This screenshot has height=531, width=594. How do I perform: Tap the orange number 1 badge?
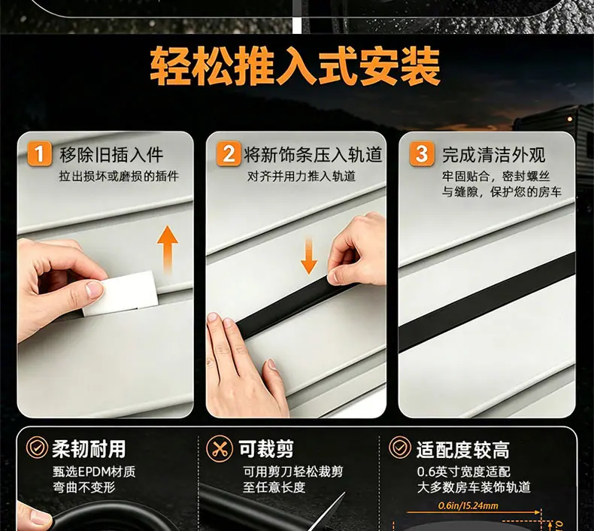(39, 153)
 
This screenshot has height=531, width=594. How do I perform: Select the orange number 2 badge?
(229, 153)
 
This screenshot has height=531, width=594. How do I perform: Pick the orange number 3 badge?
(422, 153)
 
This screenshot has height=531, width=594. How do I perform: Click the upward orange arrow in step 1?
(167, 249)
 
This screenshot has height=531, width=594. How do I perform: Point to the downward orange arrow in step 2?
(309, 256)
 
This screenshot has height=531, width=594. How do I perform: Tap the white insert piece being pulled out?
(120, 293)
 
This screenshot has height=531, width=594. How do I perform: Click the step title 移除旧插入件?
(111, 155)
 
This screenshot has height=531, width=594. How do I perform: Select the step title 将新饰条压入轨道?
(313, 155)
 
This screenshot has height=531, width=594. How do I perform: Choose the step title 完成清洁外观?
(494, 155)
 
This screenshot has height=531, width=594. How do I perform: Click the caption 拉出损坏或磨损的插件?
(119, 176)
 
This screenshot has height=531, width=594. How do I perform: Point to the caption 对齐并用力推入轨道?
(302, 176)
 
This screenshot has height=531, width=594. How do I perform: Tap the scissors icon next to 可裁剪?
(219, 449)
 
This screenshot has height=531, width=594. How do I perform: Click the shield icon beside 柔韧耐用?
(37, 448)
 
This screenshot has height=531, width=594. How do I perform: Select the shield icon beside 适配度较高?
(400, 448)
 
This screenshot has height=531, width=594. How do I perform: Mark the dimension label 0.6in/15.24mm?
(468, 505)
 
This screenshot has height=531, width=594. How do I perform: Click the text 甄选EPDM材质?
(94, 472)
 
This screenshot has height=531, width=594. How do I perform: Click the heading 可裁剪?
(266, 449)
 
